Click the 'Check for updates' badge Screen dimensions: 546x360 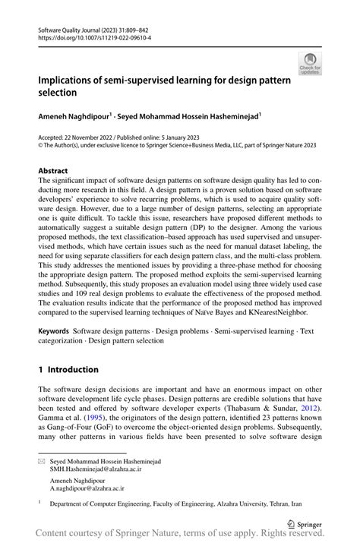coord(310,64)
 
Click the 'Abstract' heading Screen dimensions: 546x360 coord(52,171)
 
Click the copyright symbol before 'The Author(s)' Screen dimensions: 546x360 coord(41,146)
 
